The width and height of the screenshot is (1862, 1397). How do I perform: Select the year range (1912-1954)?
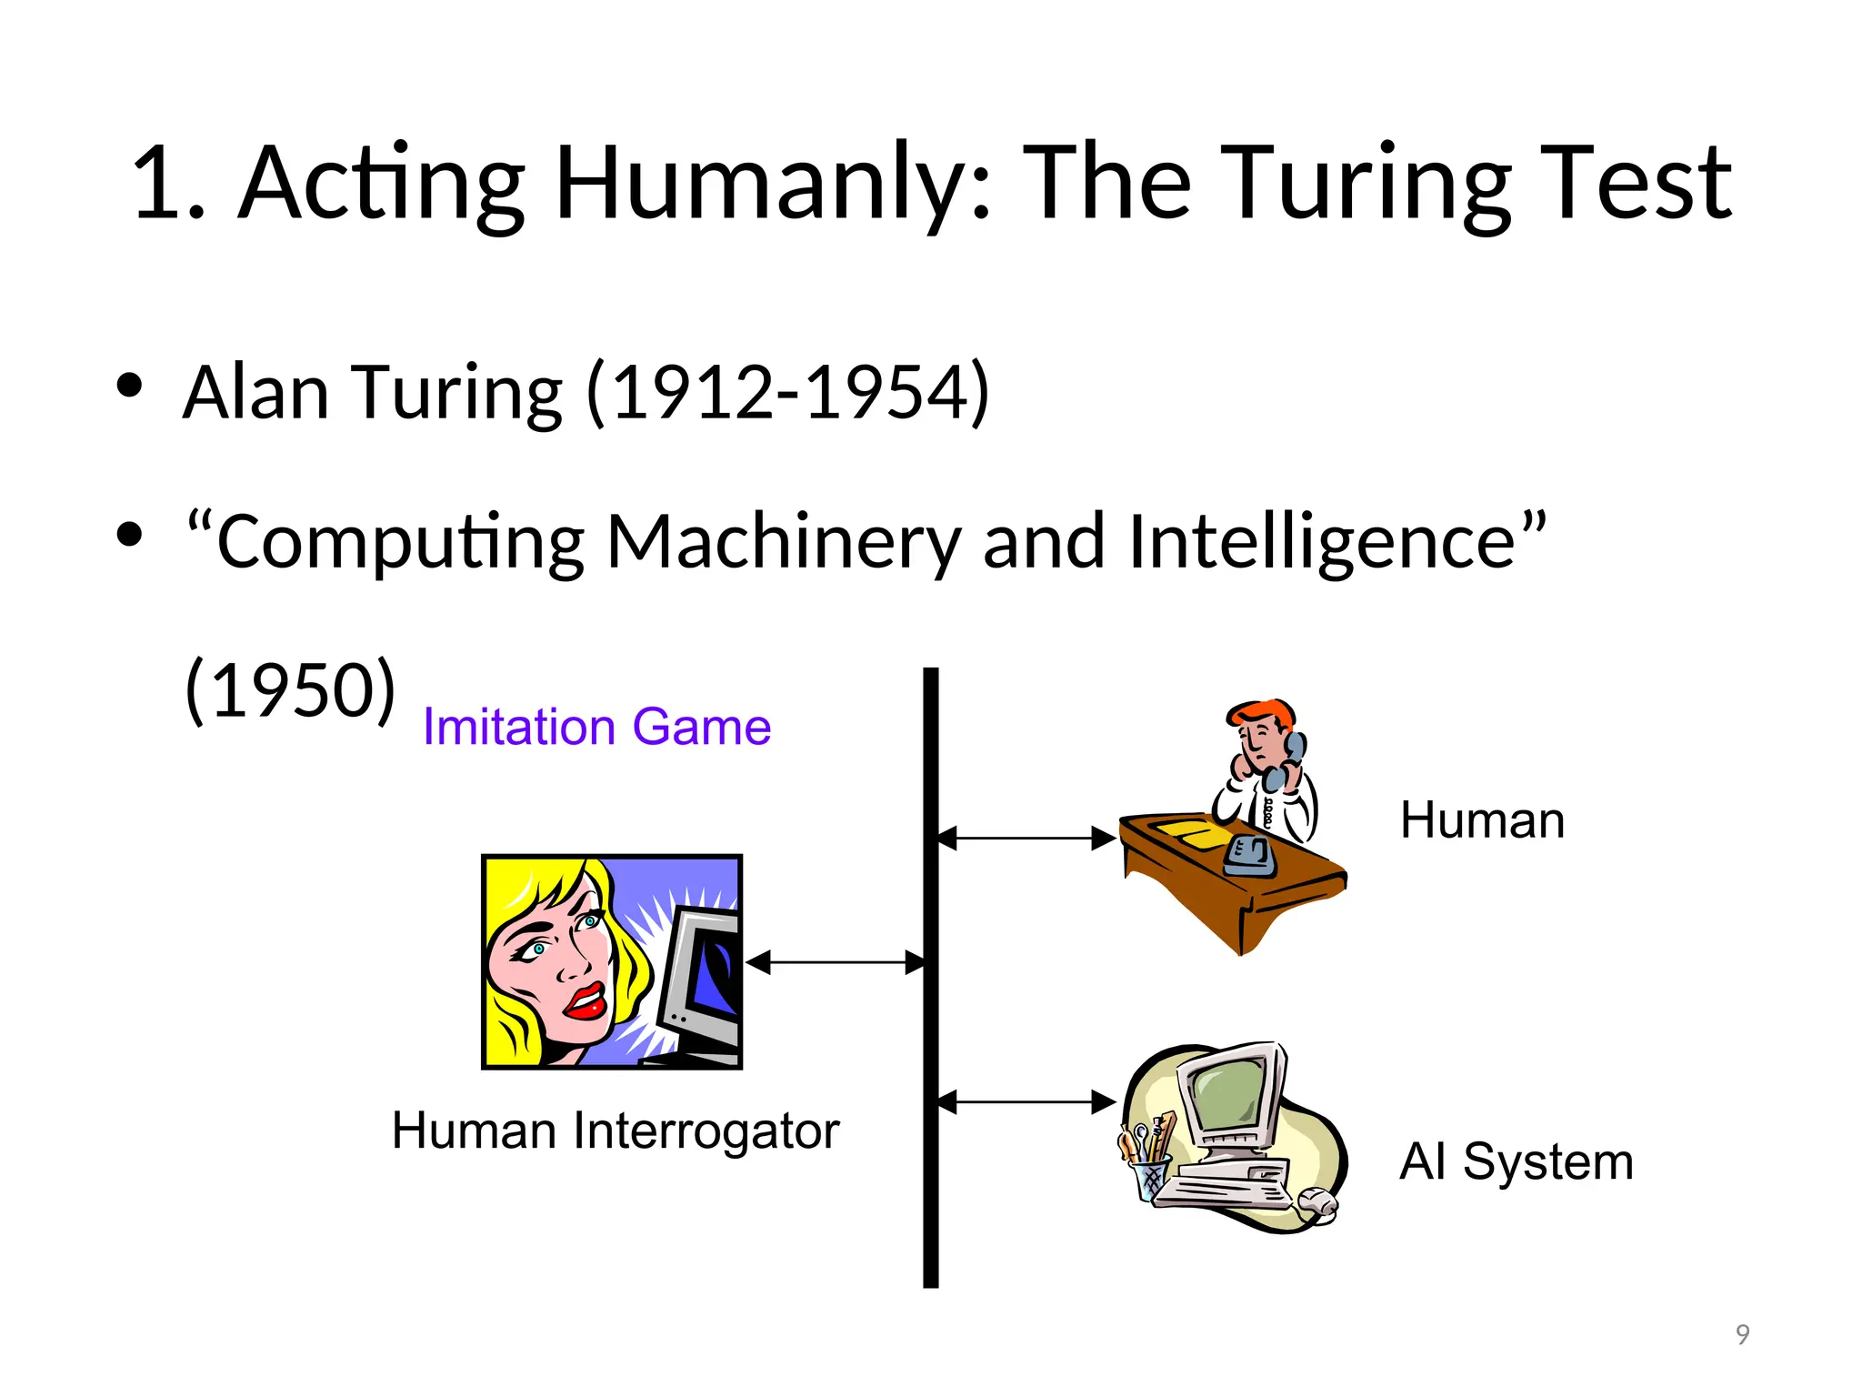[788, 393]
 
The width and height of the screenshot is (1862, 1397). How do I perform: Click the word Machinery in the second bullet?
[782, 542]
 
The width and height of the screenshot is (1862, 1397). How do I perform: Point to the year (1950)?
[290, 689]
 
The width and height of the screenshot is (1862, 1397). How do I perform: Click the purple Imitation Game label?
[596, 728]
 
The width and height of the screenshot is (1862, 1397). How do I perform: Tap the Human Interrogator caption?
[616, 1131]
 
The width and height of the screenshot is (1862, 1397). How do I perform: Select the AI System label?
[1517, 1161]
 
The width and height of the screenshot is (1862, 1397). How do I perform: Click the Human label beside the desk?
[1482, 820]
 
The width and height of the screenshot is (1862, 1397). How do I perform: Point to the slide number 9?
[1742, 1334]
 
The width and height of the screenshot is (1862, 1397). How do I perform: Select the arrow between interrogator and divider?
[835, 962]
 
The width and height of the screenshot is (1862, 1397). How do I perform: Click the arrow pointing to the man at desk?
[1026, 839]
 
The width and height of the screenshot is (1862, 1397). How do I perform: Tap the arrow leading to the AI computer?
[1026, 1102]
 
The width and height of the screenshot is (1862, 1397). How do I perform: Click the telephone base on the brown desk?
[1249, 857]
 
